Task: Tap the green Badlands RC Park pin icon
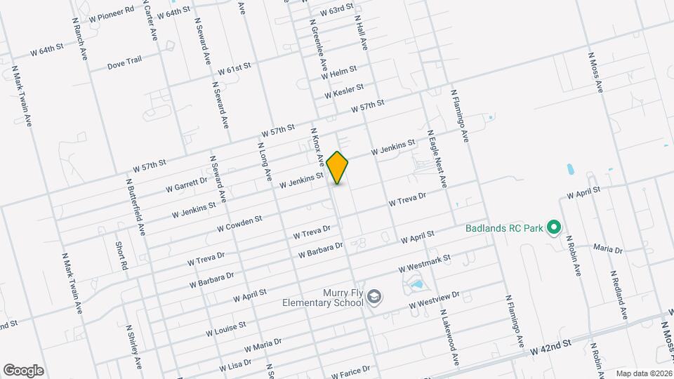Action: (553, 227)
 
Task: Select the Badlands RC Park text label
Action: (505, 227)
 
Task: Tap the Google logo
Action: (23, 370)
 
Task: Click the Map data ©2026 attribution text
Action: (643, 373)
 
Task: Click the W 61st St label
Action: (234, 69)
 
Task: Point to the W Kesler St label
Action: (343, 91)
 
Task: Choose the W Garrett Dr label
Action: (187, 184)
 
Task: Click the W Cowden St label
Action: (239, 223)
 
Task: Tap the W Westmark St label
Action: (424, 265)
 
